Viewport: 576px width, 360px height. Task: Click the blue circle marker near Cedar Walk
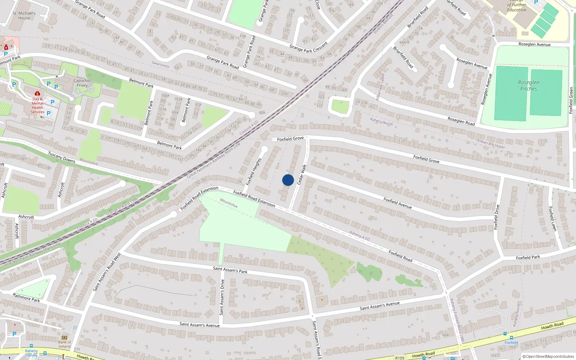(288, 180)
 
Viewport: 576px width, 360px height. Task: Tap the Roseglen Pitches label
(528, 86)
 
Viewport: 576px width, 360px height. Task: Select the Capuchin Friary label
(82, 83)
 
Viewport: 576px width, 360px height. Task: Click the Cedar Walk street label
(302, 175)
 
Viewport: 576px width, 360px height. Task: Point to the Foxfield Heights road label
(253, 172)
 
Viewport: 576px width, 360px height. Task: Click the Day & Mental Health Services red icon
(37, 94)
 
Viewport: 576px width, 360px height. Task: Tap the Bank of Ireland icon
(64, 337)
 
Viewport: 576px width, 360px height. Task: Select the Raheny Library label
(31, 353)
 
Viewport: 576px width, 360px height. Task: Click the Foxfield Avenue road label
(397, 203)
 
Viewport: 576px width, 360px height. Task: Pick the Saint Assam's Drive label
(222, 297)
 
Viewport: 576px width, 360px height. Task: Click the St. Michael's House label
(24, 15)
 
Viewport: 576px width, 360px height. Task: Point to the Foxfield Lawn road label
(553, 219)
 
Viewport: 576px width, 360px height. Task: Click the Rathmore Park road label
(26, 298)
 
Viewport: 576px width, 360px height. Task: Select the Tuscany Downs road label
(62, 157)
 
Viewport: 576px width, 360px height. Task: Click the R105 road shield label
(400, 357)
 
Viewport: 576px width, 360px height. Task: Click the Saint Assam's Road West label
(107, 272)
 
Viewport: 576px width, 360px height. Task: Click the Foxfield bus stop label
(511, 342)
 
